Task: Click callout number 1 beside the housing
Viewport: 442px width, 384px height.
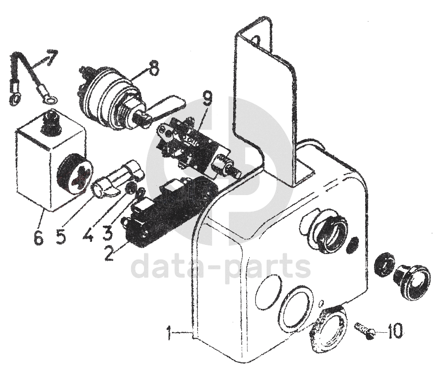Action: point(169,334)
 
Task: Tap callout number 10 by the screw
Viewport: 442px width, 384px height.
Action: point(395,332)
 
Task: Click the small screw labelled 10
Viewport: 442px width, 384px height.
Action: point(364,330)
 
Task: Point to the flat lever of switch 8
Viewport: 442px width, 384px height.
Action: point(167,104)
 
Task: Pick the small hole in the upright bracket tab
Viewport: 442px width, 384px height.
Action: point(256,40)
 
